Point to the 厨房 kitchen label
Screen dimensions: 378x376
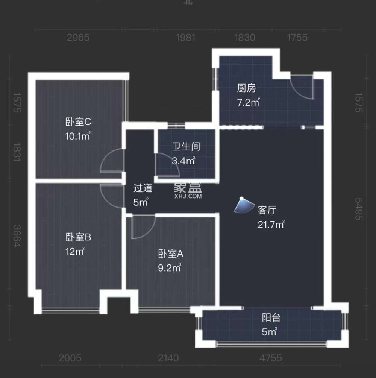[246, 89]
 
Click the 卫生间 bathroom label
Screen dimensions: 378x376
[186, 147]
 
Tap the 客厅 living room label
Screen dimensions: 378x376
[267, 210]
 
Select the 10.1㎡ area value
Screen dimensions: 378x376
[78, 136]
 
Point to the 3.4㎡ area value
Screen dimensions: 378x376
[183, 161]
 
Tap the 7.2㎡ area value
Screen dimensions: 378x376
[248, 102]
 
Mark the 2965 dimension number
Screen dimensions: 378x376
[78, 38]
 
